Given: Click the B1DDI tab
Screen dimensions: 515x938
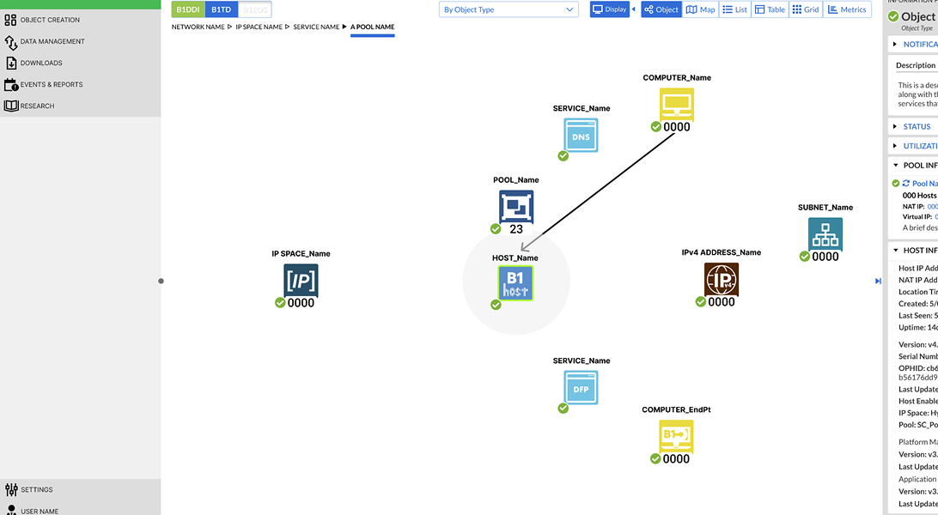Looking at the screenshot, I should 187,9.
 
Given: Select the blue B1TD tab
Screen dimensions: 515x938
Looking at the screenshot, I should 221,9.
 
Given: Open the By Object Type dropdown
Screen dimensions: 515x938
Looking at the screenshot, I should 509,9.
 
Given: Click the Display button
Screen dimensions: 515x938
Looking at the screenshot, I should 610,9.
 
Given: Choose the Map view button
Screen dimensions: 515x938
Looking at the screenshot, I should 701,9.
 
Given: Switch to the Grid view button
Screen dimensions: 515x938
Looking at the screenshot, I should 806,9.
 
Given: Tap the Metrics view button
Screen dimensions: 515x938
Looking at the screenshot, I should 847,9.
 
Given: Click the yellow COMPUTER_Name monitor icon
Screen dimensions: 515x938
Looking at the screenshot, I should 676,105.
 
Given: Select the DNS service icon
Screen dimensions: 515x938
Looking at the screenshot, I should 582,135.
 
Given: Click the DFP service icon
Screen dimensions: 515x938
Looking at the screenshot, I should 582,387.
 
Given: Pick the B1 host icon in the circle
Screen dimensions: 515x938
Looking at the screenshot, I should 515,282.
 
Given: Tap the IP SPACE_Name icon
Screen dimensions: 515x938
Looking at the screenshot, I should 301,281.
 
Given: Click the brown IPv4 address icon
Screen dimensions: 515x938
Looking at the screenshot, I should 722,280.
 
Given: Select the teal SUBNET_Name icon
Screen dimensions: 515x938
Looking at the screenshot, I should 825,234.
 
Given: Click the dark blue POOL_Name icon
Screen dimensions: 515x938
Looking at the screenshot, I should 516,207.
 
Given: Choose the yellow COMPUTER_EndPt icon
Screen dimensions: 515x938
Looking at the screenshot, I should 676,436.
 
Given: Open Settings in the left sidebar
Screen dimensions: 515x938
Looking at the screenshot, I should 37,490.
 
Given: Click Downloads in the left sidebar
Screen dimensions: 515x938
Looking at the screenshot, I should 41,63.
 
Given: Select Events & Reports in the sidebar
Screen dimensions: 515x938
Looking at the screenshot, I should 52,84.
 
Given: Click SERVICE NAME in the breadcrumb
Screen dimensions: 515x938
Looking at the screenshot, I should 316,27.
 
